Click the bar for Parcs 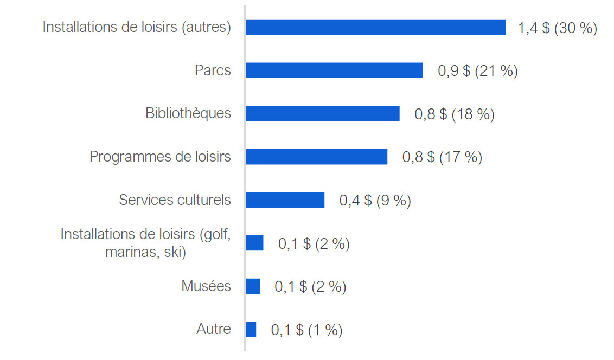(x=334, y=70)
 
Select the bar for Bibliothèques (x=323, y=113)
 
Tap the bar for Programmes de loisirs (x=317, y=157)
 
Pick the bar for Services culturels (x=285, y=200)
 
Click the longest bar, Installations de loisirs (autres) (x=376, y=27)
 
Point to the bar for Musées (x=253, y=286)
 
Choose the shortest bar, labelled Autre (x=251, y=330)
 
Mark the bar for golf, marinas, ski (x=254, y=243)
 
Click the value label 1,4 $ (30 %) (x=557, y=28)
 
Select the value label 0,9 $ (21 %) (x=477, y=71)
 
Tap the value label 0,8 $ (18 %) (x=454, y=114)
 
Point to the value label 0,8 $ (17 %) (x=442, y=157)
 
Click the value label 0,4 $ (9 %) (x=375, y=201)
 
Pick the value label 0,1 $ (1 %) (x=306, y=330)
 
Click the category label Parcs (x=213, y=70)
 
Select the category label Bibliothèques (x=188, y=113)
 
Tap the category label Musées (x=206, y=286)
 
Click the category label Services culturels (x=175, y=200)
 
